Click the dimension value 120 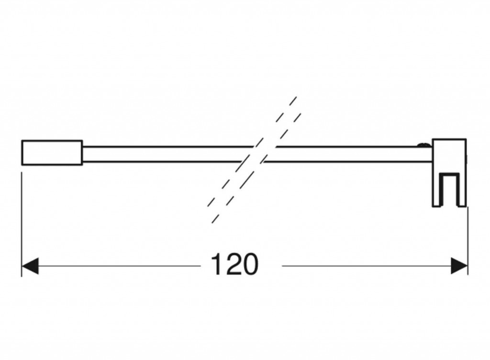[234, 264]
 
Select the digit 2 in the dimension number [233, 264]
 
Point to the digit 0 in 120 [251, 264]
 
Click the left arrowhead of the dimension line [30, 266]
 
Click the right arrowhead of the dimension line [459, 266]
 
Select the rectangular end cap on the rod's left [52, 153]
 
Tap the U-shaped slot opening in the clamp [449, 190]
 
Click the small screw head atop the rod [424, 144]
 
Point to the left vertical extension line [22, 225]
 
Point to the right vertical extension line [468, 241]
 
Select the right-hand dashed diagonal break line [256, 168]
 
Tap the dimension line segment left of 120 [120, 266]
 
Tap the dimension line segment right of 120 [367, 266]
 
